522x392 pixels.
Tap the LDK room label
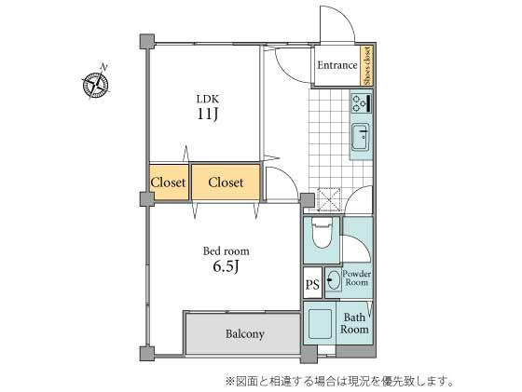coord(206,97)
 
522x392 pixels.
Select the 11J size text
coord(206,115)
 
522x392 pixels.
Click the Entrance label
coord(337,65)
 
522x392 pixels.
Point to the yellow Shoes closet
coord(367,65)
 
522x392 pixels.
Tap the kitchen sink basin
coord(360,141)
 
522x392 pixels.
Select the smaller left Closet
coord(168,182)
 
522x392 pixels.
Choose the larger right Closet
coord(226,182)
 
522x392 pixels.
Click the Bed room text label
coord(227,250)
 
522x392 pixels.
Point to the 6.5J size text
coord(227,268)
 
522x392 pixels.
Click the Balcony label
coord(244,334)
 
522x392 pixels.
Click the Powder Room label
coord(357,277)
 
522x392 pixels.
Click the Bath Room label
coord(354,323)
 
